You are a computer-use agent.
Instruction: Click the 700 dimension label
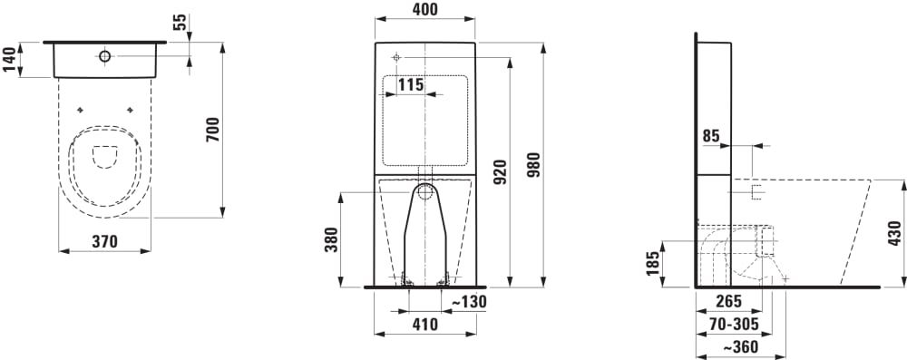pyautogui.click(x=213, y=130)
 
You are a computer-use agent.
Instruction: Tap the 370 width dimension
pyautogui.click(x=105, y=241)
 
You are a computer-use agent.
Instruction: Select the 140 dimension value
pyautogui.click(x=10, y=60)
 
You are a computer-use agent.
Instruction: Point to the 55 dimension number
pyautogui.click(x=180, y=23)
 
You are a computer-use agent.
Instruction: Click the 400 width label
pyautogui.click(x=425, y=9)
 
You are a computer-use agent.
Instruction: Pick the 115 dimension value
pyautogui.click(x=411, y=85)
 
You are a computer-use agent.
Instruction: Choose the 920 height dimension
pyautogui.click(x=501, y=172)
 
